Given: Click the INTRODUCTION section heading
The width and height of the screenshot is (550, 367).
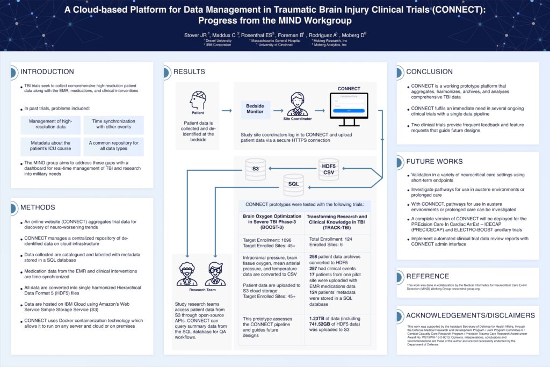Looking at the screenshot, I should [47, 72].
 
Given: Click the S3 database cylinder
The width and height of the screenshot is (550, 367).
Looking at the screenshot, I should [256, 169].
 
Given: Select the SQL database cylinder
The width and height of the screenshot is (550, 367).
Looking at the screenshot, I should [294, 184].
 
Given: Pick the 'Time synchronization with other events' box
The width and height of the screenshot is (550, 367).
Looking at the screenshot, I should [113, 125].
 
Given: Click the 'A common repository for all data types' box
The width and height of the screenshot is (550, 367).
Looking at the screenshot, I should [113, 147].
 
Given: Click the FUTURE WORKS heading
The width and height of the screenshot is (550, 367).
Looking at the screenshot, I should [434, 161].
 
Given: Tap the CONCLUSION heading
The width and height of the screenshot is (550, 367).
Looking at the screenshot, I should [430, 72].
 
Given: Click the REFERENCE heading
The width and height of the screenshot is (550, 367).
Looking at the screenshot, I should [428, 276].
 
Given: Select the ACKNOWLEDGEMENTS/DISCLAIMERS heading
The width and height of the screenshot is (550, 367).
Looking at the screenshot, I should [470, 315].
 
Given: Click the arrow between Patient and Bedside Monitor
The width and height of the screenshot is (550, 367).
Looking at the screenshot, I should [226, 111].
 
